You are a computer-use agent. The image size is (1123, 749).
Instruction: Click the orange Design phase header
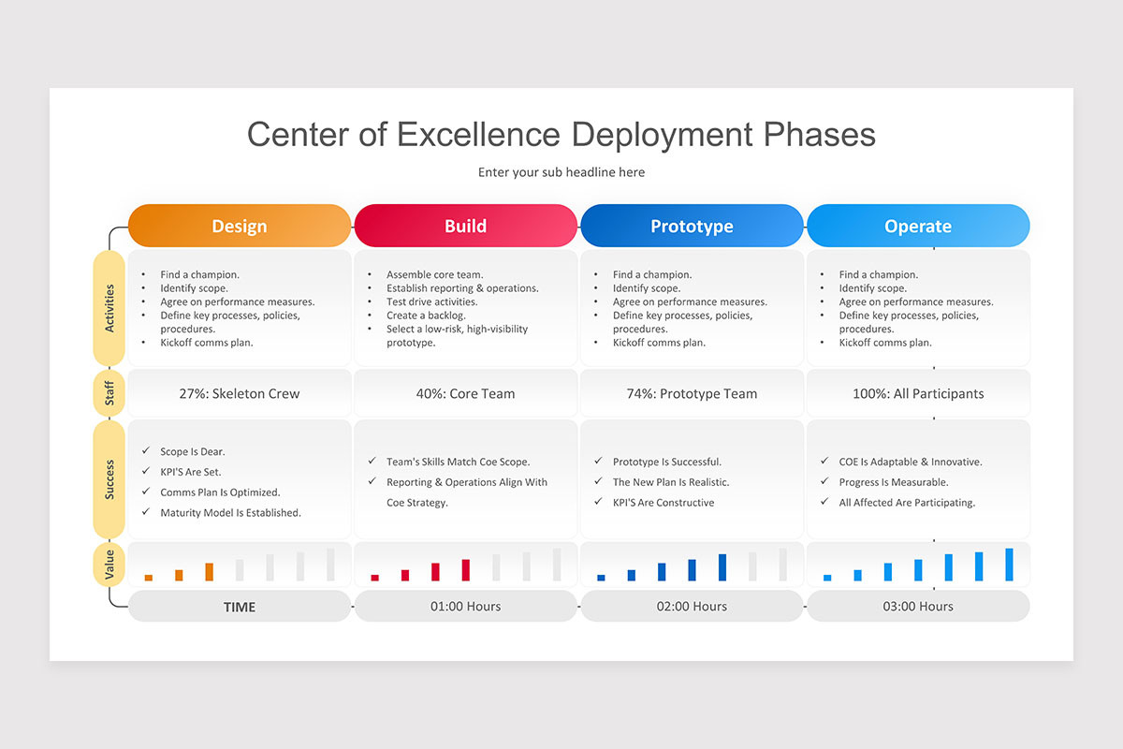coord(240,226)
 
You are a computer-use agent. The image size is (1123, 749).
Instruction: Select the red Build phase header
coord(466,226)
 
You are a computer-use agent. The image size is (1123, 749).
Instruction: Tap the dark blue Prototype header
coord(692,226)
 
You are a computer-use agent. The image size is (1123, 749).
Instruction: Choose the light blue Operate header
coord(918,226)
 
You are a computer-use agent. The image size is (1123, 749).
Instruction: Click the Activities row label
coord(109,308)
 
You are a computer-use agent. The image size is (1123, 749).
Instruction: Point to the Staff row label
coord(109,393)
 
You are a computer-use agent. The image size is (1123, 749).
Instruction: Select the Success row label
coord(109,479)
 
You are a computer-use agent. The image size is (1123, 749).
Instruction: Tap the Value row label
coord(109,565)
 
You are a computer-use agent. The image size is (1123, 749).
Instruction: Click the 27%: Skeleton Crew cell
coord(240,393)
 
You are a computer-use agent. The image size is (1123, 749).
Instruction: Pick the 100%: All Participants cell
coord(918,393)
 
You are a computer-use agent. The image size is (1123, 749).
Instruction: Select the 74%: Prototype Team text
coord(692,394)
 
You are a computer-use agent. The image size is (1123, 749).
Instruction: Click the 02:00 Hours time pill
coord(692,606)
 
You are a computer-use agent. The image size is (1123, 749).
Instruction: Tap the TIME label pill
coord(240,606)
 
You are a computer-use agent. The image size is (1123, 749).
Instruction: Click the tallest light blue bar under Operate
coord(1009,565)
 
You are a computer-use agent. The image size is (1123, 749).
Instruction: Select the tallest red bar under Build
coord(466,570)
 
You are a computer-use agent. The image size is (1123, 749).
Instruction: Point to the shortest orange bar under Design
coord(149,578)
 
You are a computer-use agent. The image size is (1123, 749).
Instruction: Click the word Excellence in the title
coord(478,135)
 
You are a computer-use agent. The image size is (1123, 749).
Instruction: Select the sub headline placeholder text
coord(561,172)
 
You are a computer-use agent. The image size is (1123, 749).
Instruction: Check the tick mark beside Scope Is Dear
coord(146,450)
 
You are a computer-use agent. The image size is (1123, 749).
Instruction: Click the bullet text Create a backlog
coord(426,316)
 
